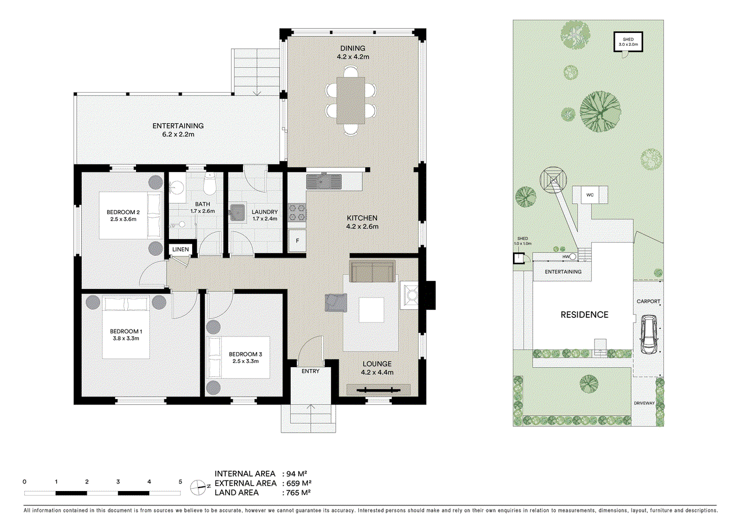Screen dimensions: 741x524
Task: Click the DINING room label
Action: pos(353,48)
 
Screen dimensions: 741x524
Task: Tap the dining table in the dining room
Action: pos(351,101)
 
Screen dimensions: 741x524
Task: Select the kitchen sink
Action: pos(324,182)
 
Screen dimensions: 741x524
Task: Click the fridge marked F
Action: pos(297,240)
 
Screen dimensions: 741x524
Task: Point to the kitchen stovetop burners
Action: pos(297,212)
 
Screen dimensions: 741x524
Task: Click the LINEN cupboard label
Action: pos(180,250)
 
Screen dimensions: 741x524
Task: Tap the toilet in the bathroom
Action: pos(209,185)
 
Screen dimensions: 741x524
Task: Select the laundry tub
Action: pos(237,212)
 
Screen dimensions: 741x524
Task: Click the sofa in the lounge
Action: pos(372,271)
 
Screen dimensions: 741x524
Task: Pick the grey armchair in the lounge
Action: pos(336,303)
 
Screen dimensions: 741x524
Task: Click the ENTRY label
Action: pos(310,371)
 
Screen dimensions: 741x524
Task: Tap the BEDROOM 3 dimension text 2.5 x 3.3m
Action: pos(245,361)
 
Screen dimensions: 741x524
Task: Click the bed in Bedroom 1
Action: pos(126,327)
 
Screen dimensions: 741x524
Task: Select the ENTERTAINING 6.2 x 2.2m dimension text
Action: pos(178,134)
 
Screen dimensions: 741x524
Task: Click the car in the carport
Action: pos(648,335)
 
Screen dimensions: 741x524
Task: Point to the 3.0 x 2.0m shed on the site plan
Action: pos(628,42)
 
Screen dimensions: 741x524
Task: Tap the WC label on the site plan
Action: pos(590,195)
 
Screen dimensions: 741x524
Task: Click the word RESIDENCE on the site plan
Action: pos(584,314)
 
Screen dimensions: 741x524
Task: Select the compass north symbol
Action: pos(199,487)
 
